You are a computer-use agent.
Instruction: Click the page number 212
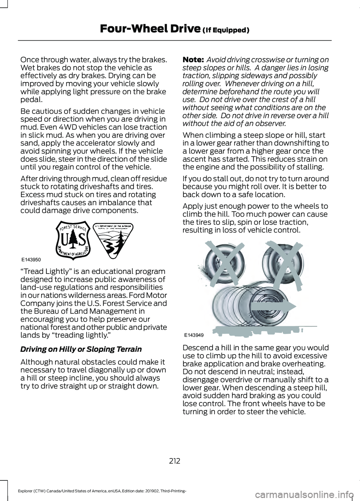point(175,461)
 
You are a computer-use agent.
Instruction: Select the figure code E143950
point(31,259)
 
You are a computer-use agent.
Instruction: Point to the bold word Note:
point(193,60)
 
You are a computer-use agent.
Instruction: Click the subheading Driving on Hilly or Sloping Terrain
point(81,349)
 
